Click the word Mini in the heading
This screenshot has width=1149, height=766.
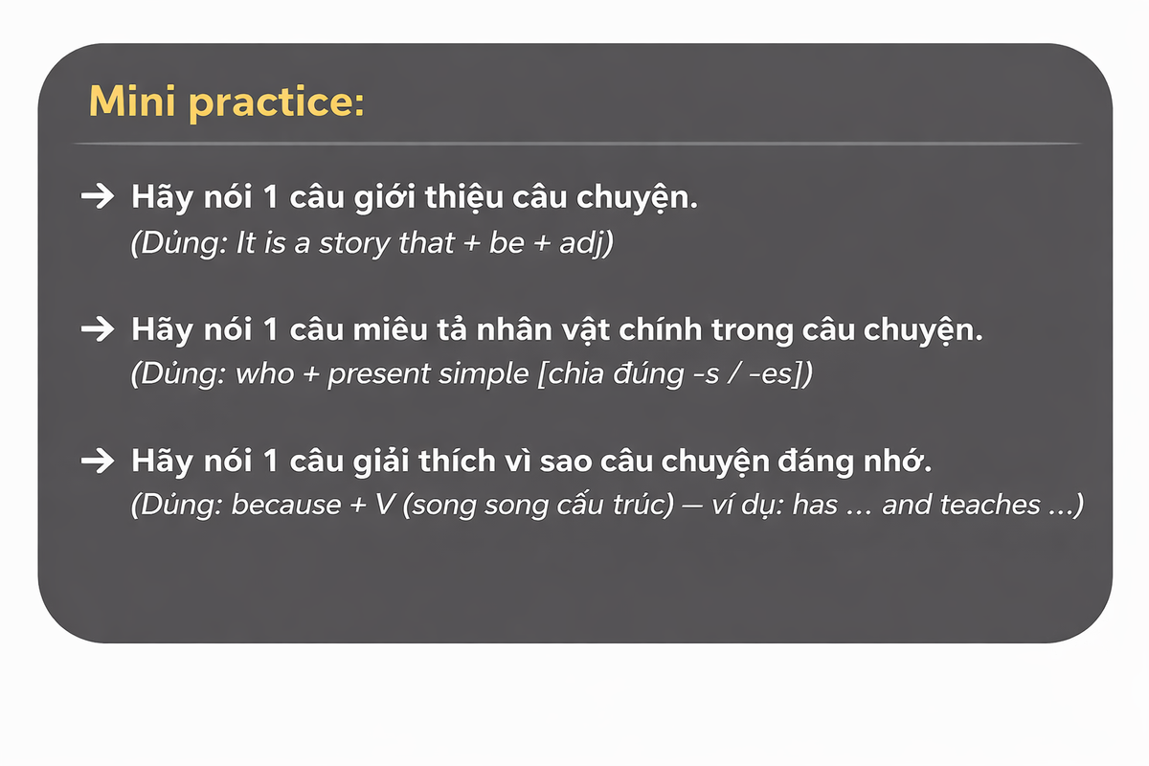pyautogui.click(x=132, y=101)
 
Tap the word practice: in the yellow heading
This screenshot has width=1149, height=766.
pyautogui.click(x=277, y=103)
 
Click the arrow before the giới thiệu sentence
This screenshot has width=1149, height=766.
pyautogui.click(x=98, y=196)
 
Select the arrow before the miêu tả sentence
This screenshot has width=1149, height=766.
pyautogui.click(x=98, y=328)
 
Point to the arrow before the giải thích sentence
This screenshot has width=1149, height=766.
pyautogui.click(x=98, y=461)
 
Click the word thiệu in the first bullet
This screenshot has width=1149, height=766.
pyautogui.click(x=463, y=197)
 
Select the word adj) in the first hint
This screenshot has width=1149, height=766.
pyautogui.click(x=586, y=243)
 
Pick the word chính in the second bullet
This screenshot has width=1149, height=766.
pyautogui.click(x=660, y=328)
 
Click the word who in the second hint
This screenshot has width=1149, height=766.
pyautogui.click(x=264, y=373)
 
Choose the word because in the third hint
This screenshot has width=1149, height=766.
pyautogui.click(x=285, y=505)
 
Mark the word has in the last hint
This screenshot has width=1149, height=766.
pyautogui.click(x=815, y=505)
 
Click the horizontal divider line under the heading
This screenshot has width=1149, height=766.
pyautogui.click(x=577, y=144)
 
